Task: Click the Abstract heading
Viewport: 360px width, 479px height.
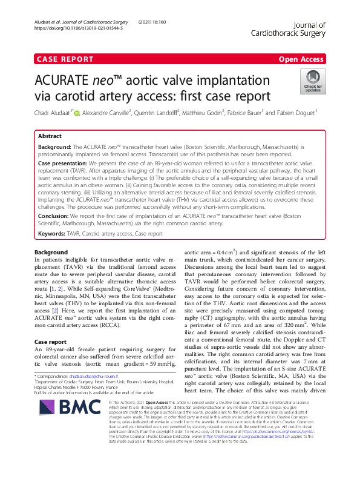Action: pos(50,137)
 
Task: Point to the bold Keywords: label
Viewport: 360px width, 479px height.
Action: pos(52,233)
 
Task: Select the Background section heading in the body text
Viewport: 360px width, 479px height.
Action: pos(51,252)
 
